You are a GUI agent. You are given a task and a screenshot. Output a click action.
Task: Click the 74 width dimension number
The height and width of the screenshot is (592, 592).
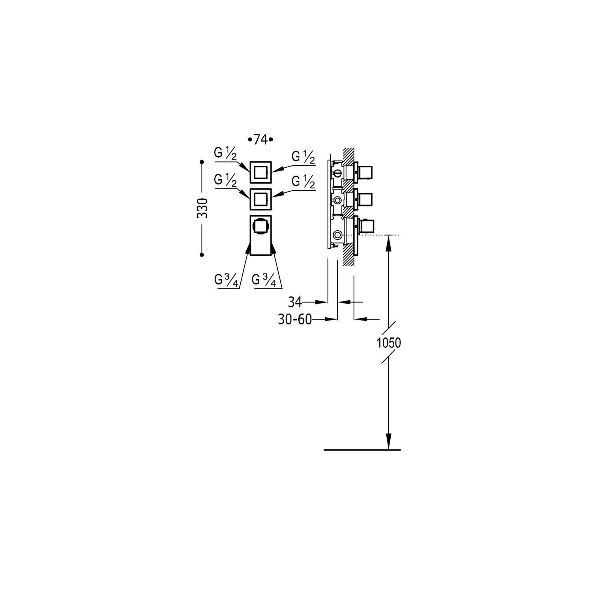pyautogui.click(x=260, y=139)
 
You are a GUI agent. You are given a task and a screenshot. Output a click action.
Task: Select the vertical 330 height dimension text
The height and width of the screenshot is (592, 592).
pyautogui.click(x=202, y=208)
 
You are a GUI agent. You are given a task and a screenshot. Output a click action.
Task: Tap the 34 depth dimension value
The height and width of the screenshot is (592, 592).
pyautogui.click(x=295, y=302)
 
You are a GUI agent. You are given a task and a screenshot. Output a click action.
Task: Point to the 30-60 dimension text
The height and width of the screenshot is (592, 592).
pyautogui.click(x=295, y=319)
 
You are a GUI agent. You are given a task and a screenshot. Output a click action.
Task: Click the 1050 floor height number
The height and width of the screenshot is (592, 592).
pyautogui.click(x=389, y=343)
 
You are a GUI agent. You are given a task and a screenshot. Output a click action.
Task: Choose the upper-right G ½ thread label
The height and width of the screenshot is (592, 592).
pyautogui.click(x=303, y=157)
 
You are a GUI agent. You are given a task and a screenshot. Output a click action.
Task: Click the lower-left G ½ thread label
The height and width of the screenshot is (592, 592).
pyautogui.click(x=225, y=181)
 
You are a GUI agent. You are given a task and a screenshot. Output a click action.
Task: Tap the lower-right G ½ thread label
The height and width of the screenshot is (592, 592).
pyautogui.click(x=303, y=182)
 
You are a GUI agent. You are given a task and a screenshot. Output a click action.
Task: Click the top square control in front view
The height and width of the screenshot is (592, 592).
pyautogui.click(x=260, y=172)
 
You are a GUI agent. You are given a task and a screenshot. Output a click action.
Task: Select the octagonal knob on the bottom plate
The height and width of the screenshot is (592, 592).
pyautogui.click(x=260, y=226)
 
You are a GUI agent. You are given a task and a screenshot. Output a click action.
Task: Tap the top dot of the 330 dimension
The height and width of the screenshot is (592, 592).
pyautogui.click(x=202, y=162)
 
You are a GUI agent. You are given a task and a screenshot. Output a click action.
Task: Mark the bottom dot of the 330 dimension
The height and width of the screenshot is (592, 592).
pyautogui.click(x=202, y=255)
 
